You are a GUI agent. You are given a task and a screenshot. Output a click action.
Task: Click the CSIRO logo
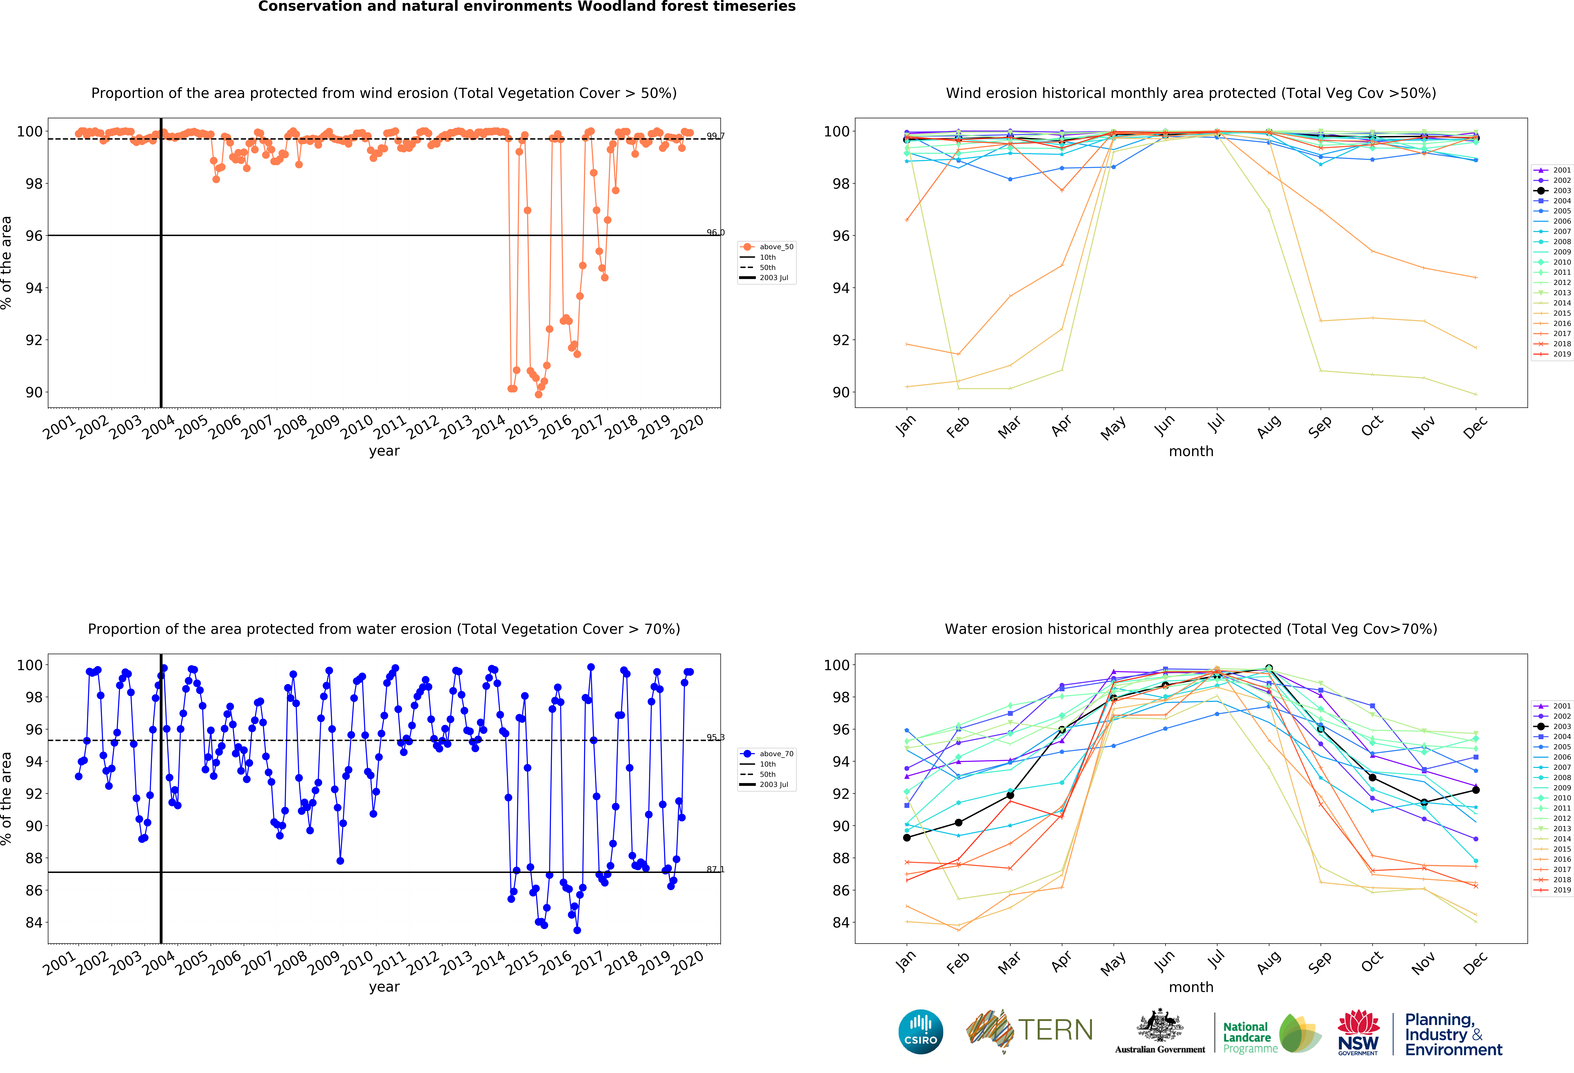pos(920,1032)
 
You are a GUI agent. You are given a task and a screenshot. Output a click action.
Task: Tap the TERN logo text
pos(1055,1030)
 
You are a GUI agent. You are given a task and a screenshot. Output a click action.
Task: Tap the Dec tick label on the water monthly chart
pos(1474,962)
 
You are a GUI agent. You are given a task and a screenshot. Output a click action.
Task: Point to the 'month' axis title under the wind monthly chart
pos(1191,451)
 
